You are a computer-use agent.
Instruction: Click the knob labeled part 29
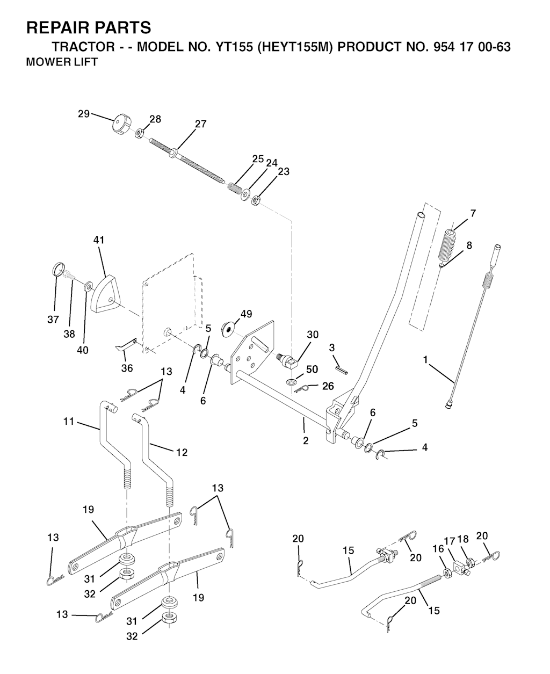pos(120,124)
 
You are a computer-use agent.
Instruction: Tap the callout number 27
pos(200,124)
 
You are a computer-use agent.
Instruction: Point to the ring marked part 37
pos(57,269)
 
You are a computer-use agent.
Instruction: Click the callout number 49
pos(246,314)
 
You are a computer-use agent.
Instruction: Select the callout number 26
pos(328,386)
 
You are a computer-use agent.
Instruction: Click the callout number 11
pos(69,422)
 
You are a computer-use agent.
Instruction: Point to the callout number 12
pos(182,452)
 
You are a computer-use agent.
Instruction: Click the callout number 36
pos(127,368)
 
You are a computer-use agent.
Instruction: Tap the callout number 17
pos(450,541)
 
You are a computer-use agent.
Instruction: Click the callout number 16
pos(438,549)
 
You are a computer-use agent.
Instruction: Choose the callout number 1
pos(425,360)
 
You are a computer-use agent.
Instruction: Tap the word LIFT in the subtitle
pos(86,62)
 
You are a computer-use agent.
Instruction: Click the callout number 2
pos(306,441)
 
